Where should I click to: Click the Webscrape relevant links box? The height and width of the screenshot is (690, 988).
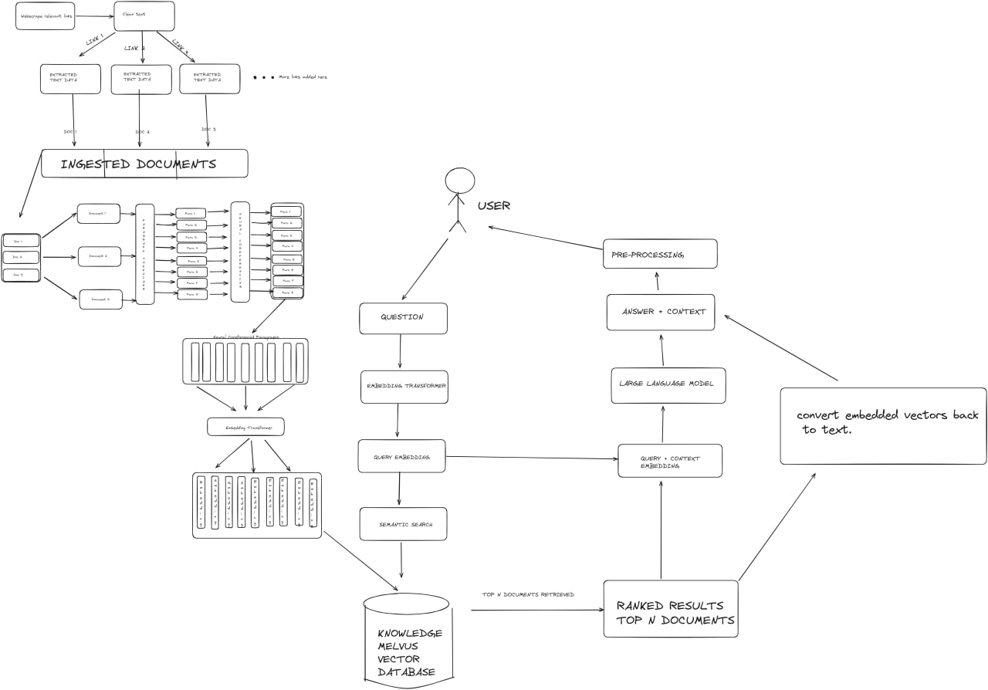[45, 16]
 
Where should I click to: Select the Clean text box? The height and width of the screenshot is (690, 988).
[144, 16]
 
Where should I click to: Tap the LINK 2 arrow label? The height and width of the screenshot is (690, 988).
[135, 49]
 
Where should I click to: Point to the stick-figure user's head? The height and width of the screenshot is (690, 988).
[460, 181]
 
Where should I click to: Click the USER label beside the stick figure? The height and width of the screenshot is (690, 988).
[493, 206]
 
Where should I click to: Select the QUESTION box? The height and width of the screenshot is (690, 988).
[403, 318]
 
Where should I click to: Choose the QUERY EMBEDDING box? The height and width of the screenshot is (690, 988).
[401, 456]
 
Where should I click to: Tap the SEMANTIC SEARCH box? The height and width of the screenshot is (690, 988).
[404, 524]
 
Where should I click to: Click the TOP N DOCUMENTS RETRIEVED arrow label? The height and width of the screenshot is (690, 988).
[528, 594]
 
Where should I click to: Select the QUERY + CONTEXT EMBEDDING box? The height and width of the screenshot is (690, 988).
[669, 461]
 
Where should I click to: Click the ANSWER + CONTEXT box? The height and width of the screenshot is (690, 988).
[660, 312]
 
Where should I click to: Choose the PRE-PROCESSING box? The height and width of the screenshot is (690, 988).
[659, 254]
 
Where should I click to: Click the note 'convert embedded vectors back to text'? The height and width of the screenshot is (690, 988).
[883, 425]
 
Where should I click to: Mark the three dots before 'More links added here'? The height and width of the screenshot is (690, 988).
[263, 78]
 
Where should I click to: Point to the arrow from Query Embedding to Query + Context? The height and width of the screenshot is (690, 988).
[532, 458]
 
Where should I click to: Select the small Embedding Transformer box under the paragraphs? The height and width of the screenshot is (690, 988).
[245, 427]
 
